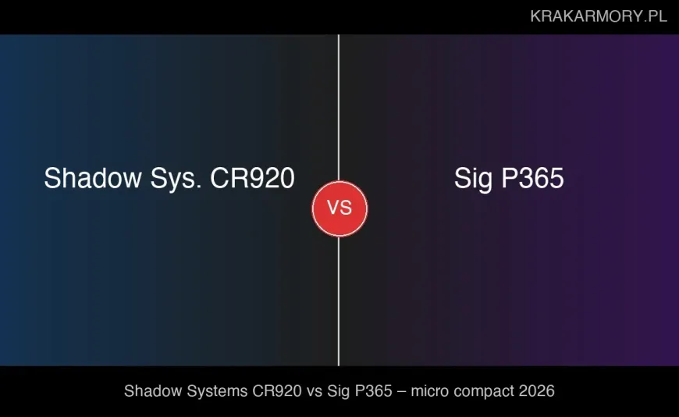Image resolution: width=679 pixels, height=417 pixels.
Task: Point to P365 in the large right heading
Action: pyautogui.click(x=532, y=179)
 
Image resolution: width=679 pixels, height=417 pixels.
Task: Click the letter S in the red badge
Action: pyautogui.click(x=346, y=208)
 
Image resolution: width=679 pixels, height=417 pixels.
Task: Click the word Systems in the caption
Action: pyautogui.click(x=210, y=390)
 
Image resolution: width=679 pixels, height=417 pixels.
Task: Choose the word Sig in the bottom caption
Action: pyautogui.click(x=340, y=390)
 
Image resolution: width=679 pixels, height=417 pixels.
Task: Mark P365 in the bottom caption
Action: pyautogui.click(x=375, y=390)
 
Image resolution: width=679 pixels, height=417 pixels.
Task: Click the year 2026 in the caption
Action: pyautogui.click(x=538, y=390)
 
